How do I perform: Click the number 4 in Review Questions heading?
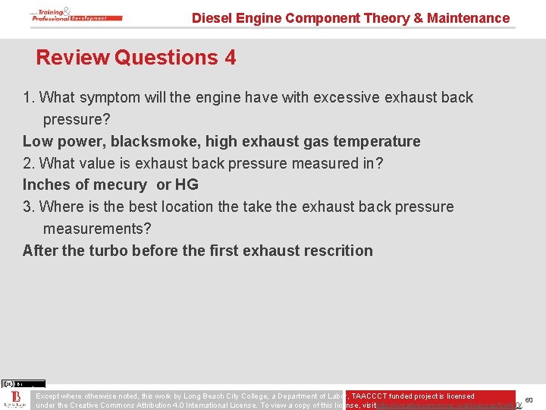pos(230,58)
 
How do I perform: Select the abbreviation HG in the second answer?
pos(187,185)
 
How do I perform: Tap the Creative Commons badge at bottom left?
pos(23,384)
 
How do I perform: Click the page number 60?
pos(529,399)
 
